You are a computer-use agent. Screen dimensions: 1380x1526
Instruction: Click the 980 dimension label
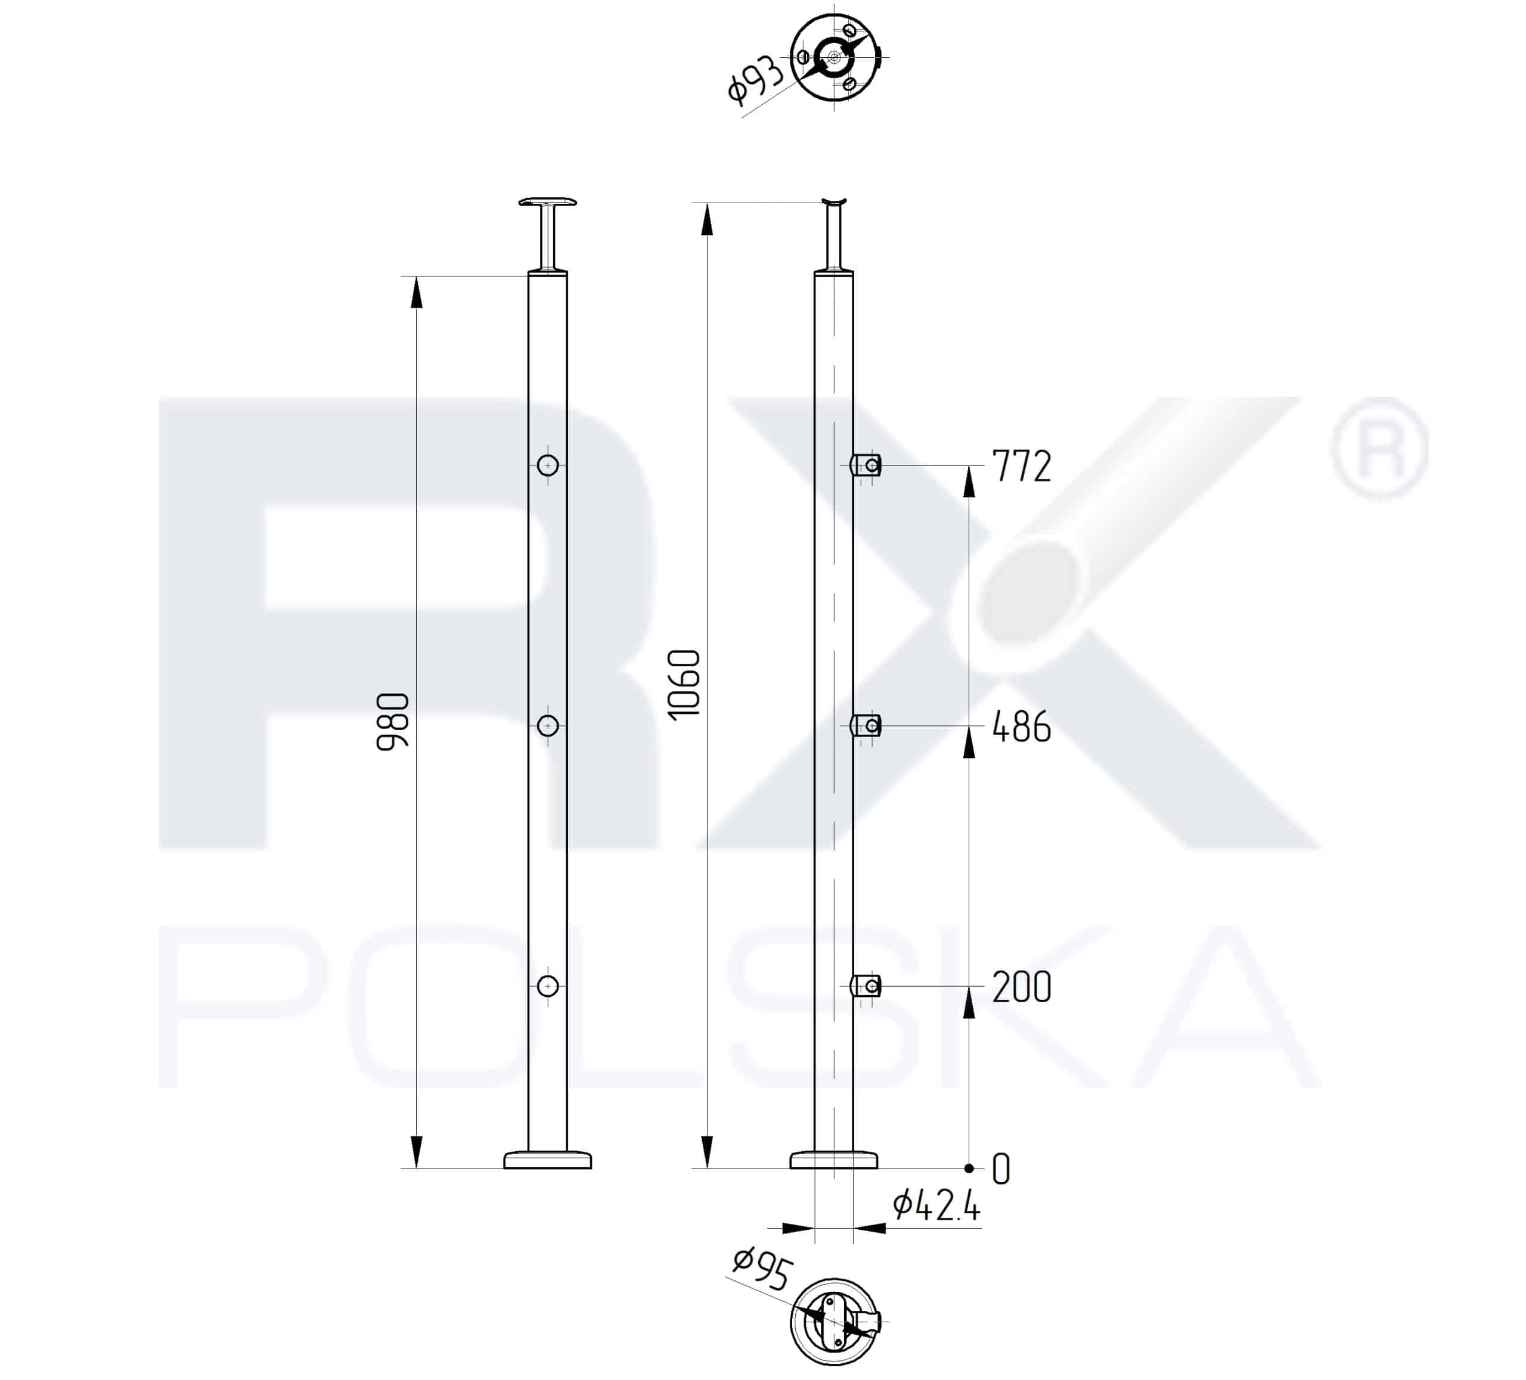(393, 721)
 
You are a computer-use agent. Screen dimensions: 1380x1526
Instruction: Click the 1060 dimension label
(684, 683)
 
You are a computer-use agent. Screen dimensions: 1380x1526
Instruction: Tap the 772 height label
(1021, 466)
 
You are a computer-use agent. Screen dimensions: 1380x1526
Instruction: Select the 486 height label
(1021, 726)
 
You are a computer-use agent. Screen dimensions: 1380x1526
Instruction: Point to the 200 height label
(1021, 987)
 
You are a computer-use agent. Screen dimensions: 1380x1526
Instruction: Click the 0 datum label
(1001, 1169)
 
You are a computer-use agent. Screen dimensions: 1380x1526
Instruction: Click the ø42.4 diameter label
(936, 1205)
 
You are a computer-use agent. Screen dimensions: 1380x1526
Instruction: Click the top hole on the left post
(548, 465)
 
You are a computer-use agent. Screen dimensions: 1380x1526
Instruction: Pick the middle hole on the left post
(548, 726)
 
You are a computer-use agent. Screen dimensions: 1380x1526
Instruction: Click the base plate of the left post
(548, 1160)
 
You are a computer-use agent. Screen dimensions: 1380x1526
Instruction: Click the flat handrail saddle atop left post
(548, 202)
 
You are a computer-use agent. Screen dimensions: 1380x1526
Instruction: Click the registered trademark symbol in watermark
(1378, 448)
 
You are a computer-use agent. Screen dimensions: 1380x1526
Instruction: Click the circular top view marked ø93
(834, 57)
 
